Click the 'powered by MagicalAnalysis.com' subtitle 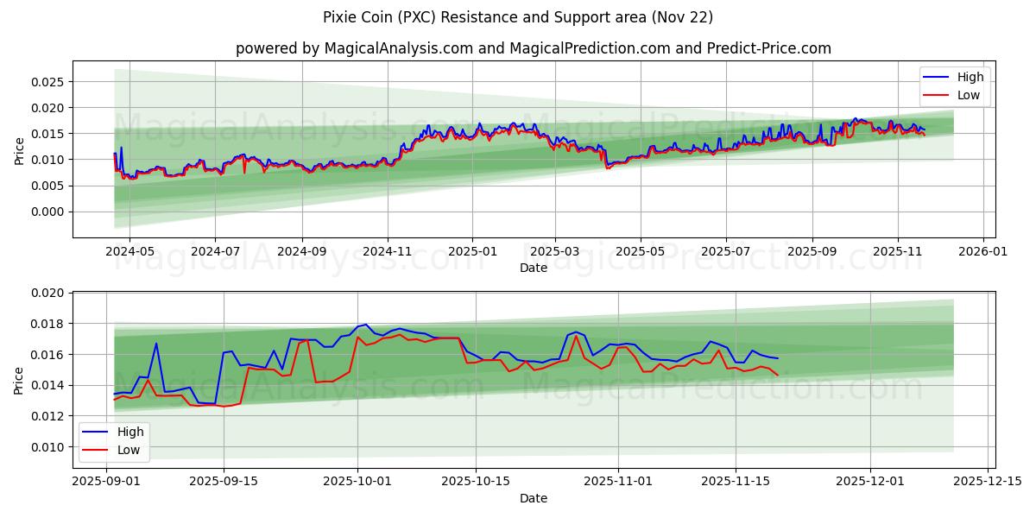(533, 48)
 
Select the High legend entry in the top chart (969, 77)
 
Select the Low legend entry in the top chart (968, 95)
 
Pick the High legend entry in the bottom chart (129, 432)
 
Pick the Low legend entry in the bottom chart (129, 450)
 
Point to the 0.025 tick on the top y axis (48, 82)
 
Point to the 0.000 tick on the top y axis (48, 212)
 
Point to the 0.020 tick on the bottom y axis (48, 294)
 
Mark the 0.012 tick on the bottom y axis (48, 416)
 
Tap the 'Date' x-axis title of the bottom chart (533, 498)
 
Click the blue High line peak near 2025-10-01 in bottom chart (366, 325)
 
